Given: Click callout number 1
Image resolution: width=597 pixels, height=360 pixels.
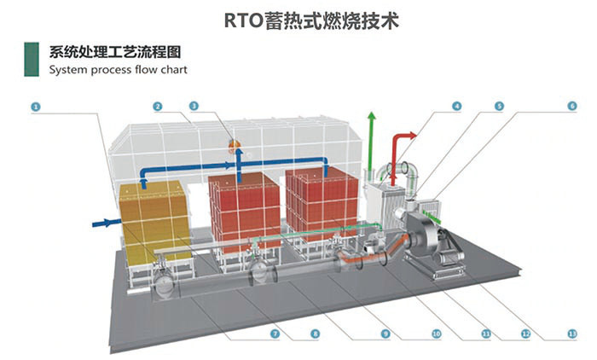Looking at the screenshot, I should (x=35, y=107).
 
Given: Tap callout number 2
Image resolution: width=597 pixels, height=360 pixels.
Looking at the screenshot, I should (x=158, y=107).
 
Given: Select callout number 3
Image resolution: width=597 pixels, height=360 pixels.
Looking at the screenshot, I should (x=194, y=107).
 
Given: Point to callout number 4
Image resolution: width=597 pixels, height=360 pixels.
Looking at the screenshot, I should (x=457, y=107).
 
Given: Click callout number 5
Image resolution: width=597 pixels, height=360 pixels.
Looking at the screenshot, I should (x=499, y=107).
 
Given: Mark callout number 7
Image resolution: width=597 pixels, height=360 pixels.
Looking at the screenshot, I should (x=274, y=334).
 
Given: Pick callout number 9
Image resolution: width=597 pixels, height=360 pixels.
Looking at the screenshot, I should (x=385, y=334).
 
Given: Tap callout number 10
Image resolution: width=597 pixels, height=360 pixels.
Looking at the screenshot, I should (x=435, y=334).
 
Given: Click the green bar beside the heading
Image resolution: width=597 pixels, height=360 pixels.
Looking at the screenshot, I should (x=31, y=59).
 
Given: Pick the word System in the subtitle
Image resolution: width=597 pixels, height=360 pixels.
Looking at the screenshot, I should (x=68, y=70).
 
